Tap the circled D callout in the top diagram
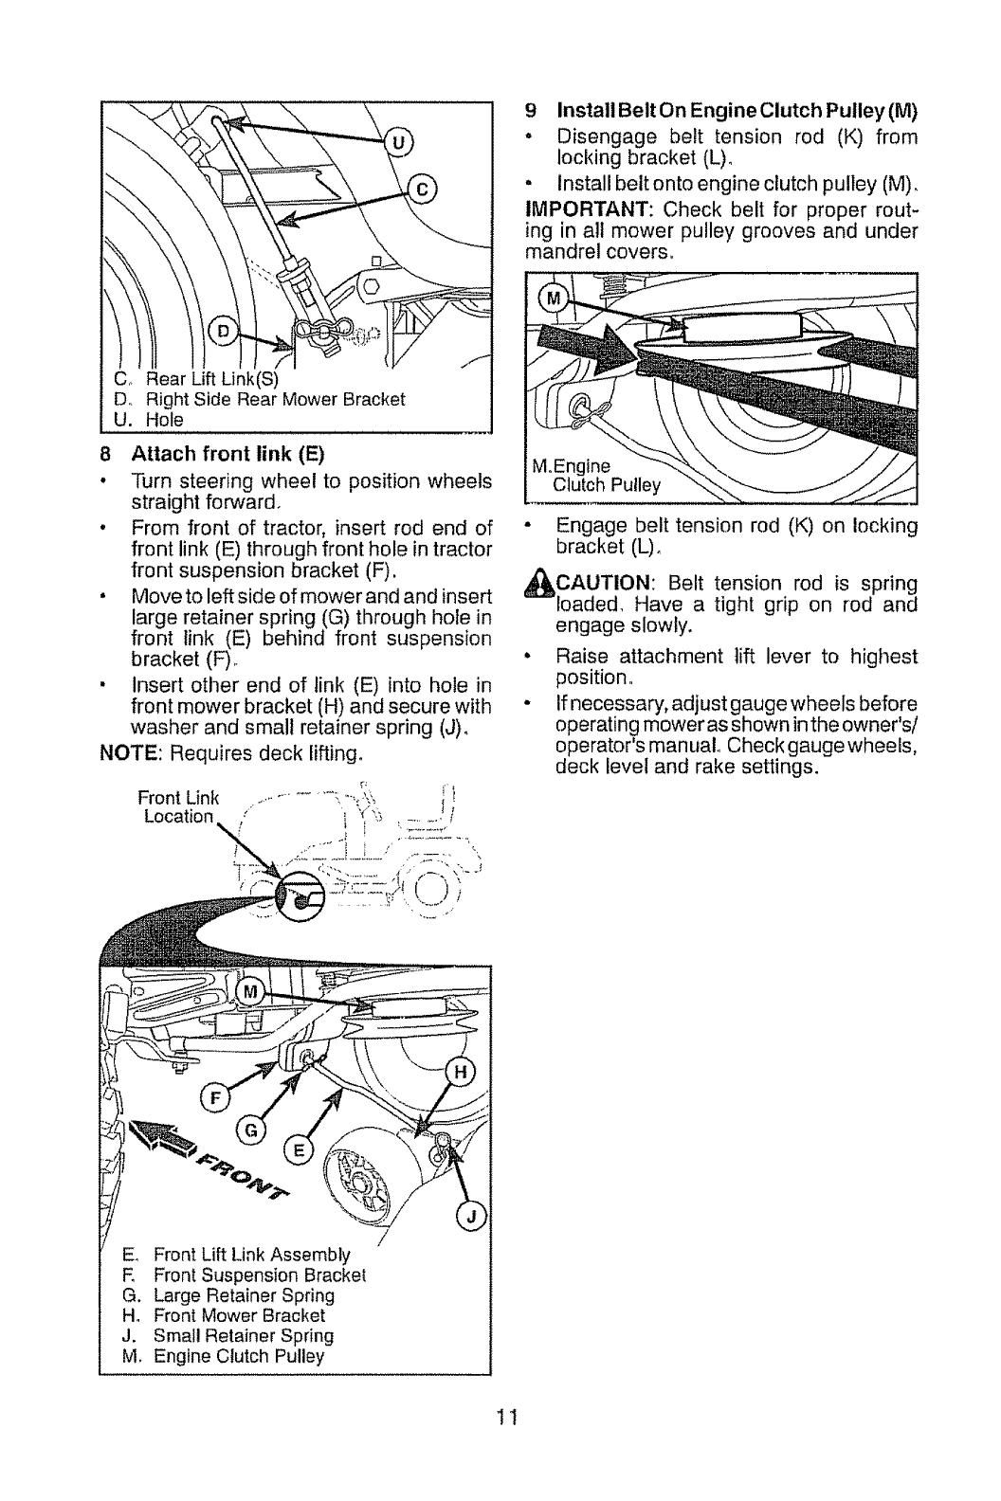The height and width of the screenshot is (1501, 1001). (x=223, y=330)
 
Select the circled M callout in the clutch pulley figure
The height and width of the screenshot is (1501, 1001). (x=552, y=301)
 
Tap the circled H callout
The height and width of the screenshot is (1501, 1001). (x=460, y=1073)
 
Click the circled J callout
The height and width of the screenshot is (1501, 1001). (x=470, y=1217)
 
